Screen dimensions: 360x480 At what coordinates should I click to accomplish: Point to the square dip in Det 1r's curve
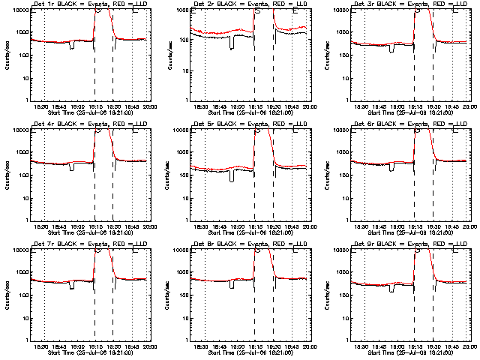point(71,46)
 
